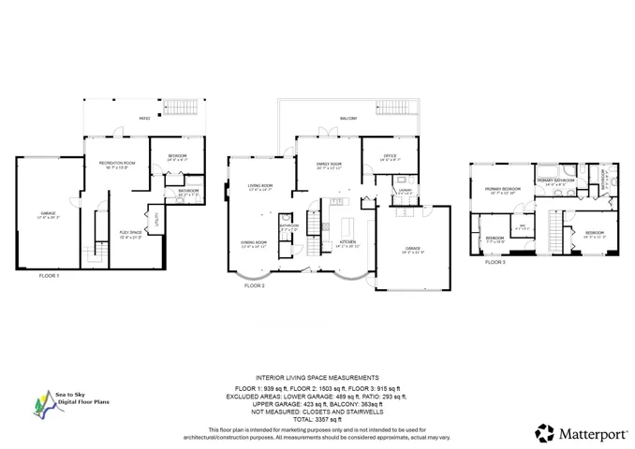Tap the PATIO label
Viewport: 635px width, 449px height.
(x=144, y=119)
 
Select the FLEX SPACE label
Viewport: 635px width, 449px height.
(x=130, y=234)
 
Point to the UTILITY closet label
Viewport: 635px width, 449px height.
(x=156, y=221)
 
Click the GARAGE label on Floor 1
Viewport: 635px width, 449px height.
(x=49, y=215)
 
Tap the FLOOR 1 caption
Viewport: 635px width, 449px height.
(x=49, y=276)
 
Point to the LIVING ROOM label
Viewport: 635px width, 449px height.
(x=259, y=187)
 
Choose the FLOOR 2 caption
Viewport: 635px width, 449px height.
(x=255, y=285)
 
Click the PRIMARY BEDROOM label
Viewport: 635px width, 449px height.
(x=502, y=191)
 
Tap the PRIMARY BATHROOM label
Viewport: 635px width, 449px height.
(x=555, y=181)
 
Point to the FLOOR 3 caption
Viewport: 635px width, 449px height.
(x=495, y=262)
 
